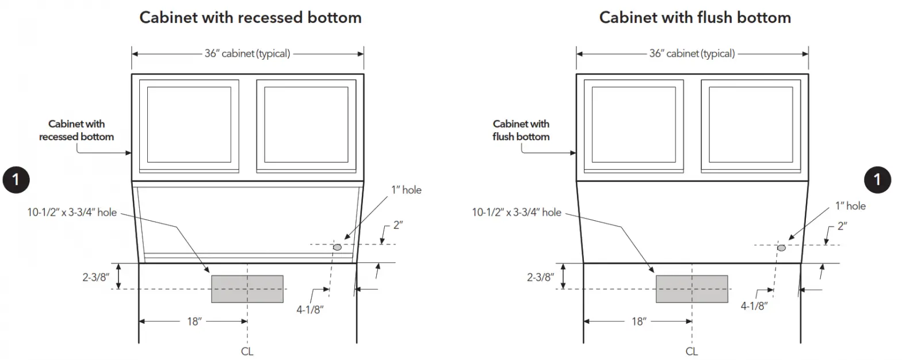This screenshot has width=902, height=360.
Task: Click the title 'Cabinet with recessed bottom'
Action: [250, 17]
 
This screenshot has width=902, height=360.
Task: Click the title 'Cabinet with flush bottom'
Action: [695, 17]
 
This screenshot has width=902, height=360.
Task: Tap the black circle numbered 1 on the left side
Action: [16, 179]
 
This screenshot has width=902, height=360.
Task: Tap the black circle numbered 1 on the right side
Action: [877, 179]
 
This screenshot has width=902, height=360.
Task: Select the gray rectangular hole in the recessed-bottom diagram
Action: [247, 289]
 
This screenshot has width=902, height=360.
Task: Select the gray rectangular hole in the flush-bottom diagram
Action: [691, 289]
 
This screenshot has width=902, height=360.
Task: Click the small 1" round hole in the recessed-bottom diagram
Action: [337, 247]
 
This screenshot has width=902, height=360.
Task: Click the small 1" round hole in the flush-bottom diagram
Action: [782, 247]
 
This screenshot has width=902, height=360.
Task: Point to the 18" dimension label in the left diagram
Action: [194, 322]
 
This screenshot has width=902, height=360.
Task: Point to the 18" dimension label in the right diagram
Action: [639, 322]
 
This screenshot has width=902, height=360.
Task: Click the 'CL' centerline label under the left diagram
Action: [247, 351]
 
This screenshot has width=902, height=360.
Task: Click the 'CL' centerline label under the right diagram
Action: [692, 351]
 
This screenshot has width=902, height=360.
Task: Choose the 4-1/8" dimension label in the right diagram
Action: [754, 307]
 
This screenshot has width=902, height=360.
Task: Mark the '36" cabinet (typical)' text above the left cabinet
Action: [247, 54]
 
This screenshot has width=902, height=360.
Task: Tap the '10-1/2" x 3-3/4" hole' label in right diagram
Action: [517, 213]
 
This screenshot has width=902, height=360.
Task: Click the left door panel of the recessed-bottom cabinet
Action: [189, 124]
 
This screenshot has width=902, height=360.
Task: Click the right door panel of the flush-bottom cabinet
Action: [750, 124]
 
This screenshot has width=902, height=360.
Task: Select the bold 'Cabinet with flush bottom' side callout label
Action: [521, 130]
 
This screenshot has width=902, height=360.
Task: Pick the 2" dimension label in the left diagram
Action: [398, 226]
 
